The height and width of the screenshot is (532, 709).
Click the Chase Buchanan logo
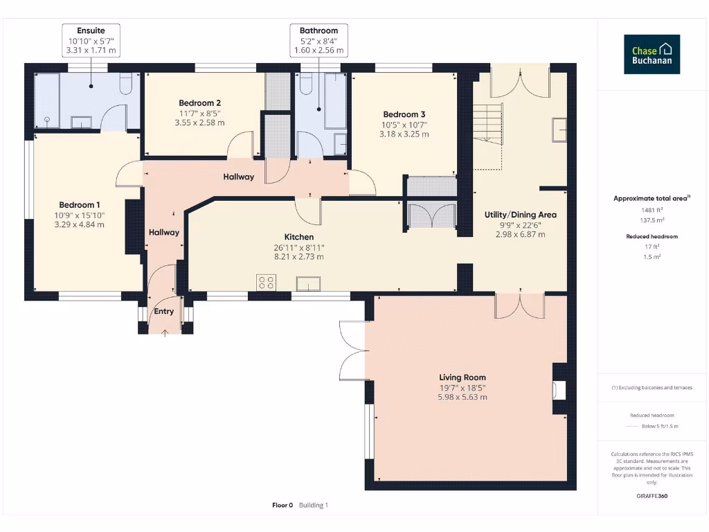pos(652,55)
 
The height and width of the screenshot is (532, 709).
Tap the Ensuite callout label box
pos(91,41)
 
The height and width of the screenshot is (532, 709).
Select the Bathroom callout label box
pos(318,41)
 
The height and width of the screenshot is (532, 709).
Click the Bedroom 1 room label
pos(80,205)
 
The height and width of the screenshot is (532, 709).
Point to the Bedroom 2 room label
pos(199,103)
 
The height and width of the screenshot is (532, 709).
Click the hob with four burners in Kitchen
pos(266,282)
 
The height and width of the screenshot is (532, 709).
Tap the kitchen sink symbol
pos(307,283)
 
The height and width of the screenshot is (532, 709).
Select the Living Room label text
pos(462,378)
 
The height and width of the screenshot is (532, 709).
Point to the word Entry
pos(163,311)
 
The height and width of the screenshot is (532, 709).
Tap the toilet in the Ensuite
pos(126,84)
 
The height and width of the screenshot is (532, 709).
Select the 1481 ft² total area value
pos(651,209)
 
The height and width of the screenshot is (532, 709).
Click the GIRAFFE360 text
pos(652,496)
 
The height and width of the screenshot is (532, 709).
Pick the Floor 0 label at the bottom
pos(282,505)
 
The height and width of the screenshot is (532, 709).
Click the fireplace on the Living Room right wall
pos(559,390)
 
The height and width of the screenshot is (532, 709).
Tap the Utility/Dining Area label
pos(520,215)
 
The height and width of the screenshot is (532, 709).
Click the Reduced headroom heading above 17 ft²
pos(652,236)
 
